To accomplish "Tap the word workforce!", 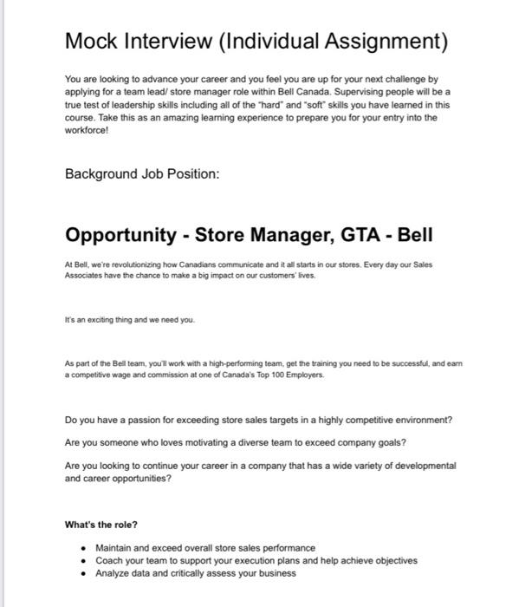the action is [88, 131].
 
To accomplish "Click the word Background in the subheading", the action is [103, 174].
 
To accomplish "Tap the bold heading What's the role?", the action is [101, 525].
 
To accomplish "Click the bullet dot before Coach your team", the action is [81, 560].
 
